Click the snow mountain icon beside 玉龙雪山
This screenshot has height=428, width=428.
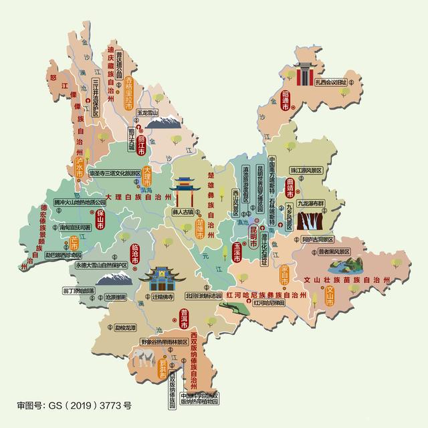tap(163, 122)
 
